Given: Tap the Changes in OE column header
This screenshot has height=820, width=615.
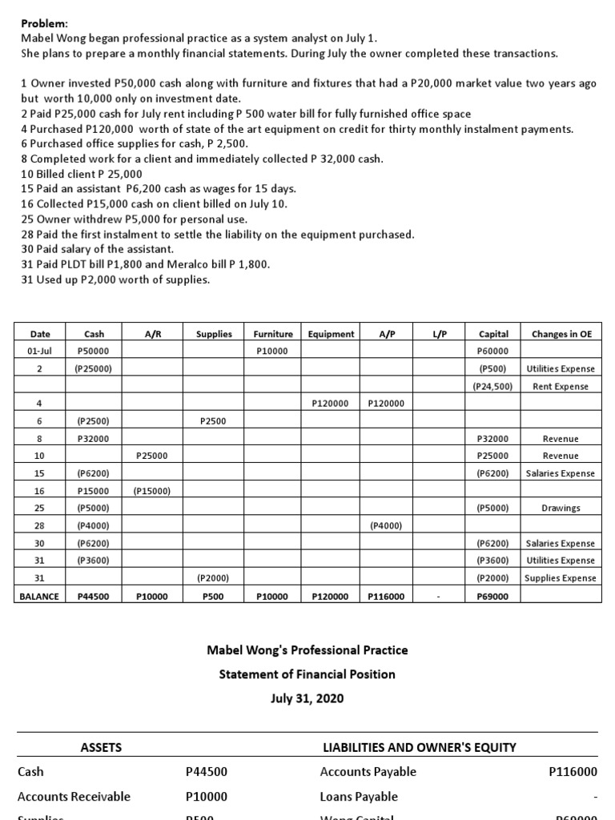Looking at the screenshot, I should pyautogui.click(x=561, y=334).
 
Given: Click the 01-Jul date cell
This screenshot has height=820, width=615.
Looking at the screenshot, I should pyautogui.click(x=40, y=351).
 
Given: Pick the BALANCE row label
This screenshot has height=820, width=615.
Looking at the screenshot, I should pyautogui.click(x=40, y=596).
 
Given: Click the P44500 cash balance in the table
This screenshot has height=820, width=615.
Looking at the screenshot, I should pyautogui.click(x=93, y=596).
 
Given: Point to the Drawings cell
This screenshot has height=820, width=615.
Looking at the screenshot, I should pyautogui.click(x=561, y=508).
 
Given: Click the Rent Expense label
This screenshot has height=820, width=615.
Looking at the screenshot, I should pyautogui.click(x=561, y=386).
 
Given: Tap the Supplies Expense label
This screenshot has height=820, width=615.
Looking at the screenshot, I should pyautogui.click(x=561, y=578).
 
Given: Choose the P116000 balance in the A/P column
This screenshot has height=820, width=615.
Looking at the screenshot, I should pyautogui.click(x=386, y=596).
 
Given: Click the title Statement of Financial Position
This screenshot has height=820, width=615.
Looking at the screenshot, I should pyautogui.click(x=307, y=674).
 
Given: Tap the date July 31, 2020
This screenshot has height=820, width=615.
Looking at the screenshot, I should pyautogui.click(x=307, y=698).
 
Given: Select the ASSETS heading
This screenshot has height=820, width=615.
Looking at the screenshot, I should pyautogui.click(x=102, y=747).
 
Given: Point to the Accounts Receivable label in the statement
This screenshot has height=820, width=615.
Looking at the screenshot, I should pyautogui.click(x=74, y=797).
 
